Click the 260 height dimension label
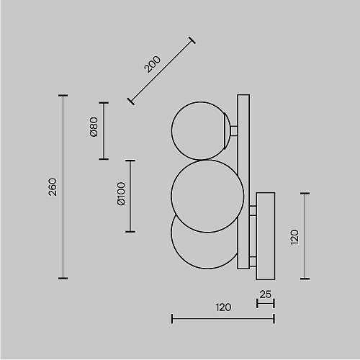[x=53, y=187]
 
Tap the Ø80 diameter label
[x=94, y=127]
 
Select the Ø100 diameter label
[x=121, y=194]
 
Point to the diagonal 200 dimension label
[x=152, y=64]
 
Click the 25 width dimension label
[x=266, y=294]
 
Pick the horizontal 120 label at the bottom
[x=223, y=307]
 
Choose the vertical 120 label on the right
[x=294, y=238]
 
